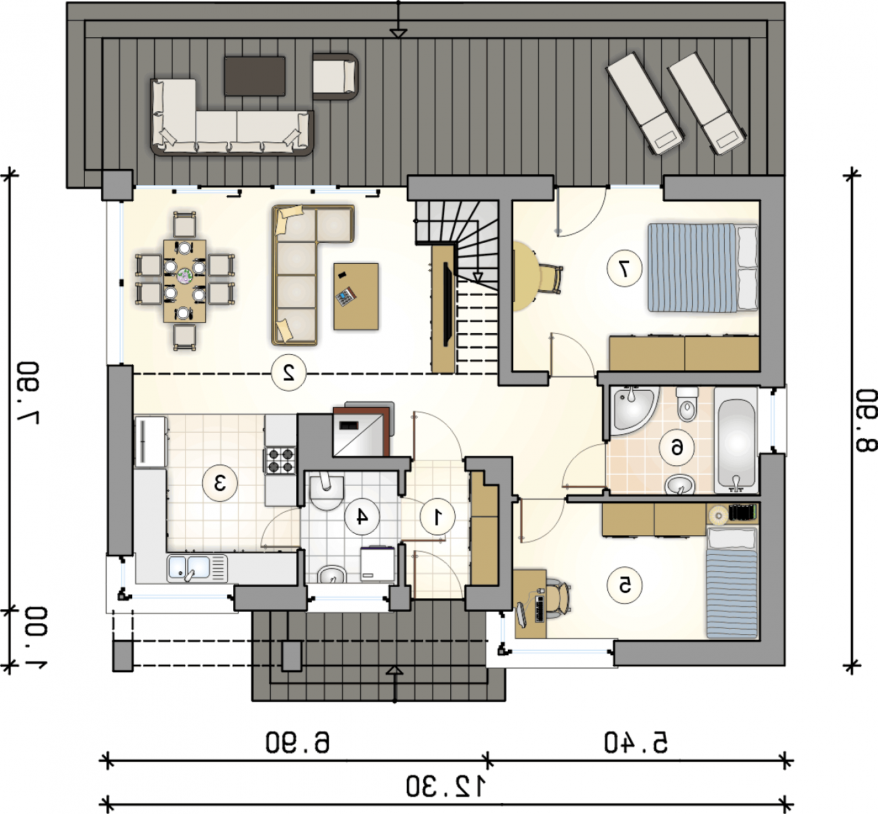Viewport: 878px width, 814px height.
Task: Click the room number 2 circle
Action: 289,372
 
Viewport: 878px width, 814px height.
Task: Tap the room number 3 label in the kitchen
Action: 220,483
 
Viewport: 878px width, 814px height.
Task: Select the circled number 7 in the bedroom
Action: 624,268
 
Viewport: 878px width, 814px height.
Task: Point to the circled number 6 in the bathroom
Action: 677,448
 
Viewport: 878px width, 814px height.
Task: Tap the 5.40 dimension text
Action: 636,742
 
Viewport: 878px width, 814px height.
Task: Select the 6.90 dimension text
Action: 298,742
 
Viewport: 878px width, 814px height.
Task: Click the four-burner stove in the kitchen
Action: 280,460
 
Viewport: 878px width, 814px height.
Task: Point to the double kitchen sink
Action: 197,568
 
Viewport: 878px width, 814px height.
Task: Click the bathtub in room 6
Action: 736,442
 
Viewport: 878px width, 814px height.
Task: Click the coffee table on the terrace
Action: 254,76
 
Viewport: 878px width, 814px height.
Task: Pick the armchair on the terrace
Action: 335,76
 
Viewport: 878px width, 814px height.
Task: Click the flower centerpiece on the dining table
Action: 185,277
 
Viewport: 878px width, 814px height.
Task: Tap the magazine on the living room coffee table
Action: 345,296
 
